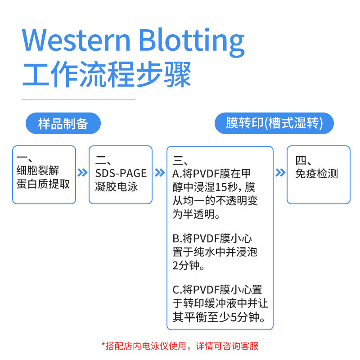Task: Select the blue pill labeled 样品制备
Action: pyautogui.click(x=63, y=123)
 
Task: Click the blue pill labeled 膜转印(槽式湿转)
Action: pyautogui.click(x=274, y=123)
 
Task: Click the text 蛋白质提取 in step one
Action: pyautogui.click(x=43, y=184)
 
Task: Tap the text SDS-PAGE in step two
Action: pyautogui.click(x=121, y=173)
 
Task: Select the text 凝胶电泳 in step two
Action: pyautogui.click(x=117, y=186)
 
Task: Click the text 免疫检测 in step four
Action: pyautogui.click(x=316, y=174)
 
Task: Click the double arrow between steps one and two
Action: pyautogui.click(x=82, y=173)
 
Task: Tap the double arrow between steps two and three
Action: pyautogui.click(x=160, y=173)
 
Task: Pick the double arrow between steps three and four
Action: pyautogui.click(x=280, y=173)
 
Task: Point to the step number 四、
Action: pyautogui.click(x=303, y=161)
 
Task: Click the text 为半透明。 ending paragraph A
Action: pyautogui.click(x=197, y=214)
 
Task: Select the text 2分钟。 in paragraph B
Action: pyautogui.click(x=189, y=266)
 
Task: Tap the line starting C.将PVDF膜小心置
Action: pyautogui.click(x=217, y=289)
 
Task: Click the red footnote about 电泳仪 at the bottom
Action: pyautogui.click(x=180, y=346)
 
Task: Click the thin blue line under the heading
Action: pyautogui.click(x=79, y=99)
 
